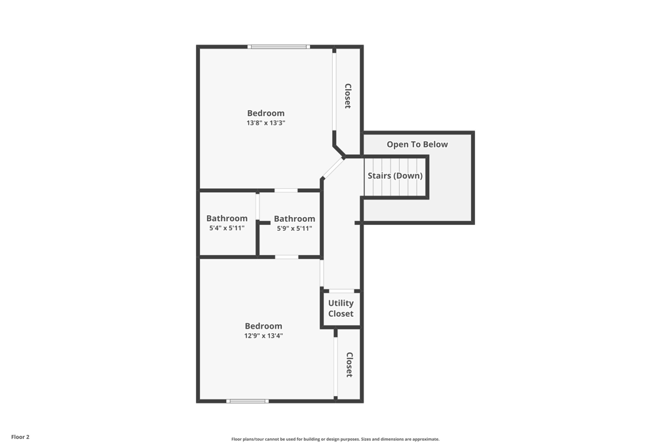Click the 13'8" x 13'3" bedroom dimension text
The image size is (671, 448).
pyautogui.click(x=265, y=123)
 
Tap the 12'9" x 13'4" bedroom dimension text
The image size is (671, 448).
pyautogui.click(x=263, y=336)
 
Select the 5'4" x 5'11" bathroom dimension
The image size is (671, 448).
pyautogui.click(x=227, y=228)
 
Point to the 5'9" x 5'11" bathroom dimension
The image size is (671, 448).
pyautogui.click(x=294, y=228)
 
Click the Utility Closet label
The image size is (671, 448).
pyautogui.click(x=341, y=308)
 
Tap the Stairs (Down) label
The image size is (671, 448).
pyautogui.click(x=395, y=176)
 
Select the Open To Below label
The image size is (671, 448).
pyautogui.click(x=417, y=144)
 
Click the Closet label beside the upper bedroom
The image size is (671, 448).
pyautogui.click(x=348, y=96)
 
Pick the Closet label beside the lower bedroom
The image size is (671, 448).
pyautogui.click(x=349, y=365)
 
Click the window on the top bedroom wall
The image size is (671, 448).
pyautogui.click(x=278, y=47)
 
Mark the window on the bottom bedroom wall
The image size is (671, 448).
pyautogui.click(x=247, y=401)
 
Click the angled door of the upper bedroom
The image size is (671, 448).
pyautogui.click(x=333, y=168)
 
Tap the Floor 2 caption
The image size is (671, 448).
pyautogui.click(x=20, y=437)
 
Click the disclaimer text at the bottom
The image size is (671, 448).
pyautogui.click(x=335, y=439)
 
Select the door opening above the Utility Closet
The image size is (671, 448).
pyautogui.click(x=341, y=291)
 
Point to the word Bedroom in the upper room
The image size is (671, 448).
pyautogui.click(x=265, y=113)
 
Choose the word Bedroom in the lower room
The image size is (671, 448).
pyautogui.click(x=263, y=326)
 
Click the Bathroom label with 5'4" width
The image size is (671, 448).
pyautogui.click(x=227, y=218)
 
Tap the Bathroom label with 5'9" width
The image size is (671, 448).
pyautogui.click(x=294, y=218)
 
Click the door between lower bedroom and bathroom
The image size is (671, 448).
pyautogui.click(x=286, y=257)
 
